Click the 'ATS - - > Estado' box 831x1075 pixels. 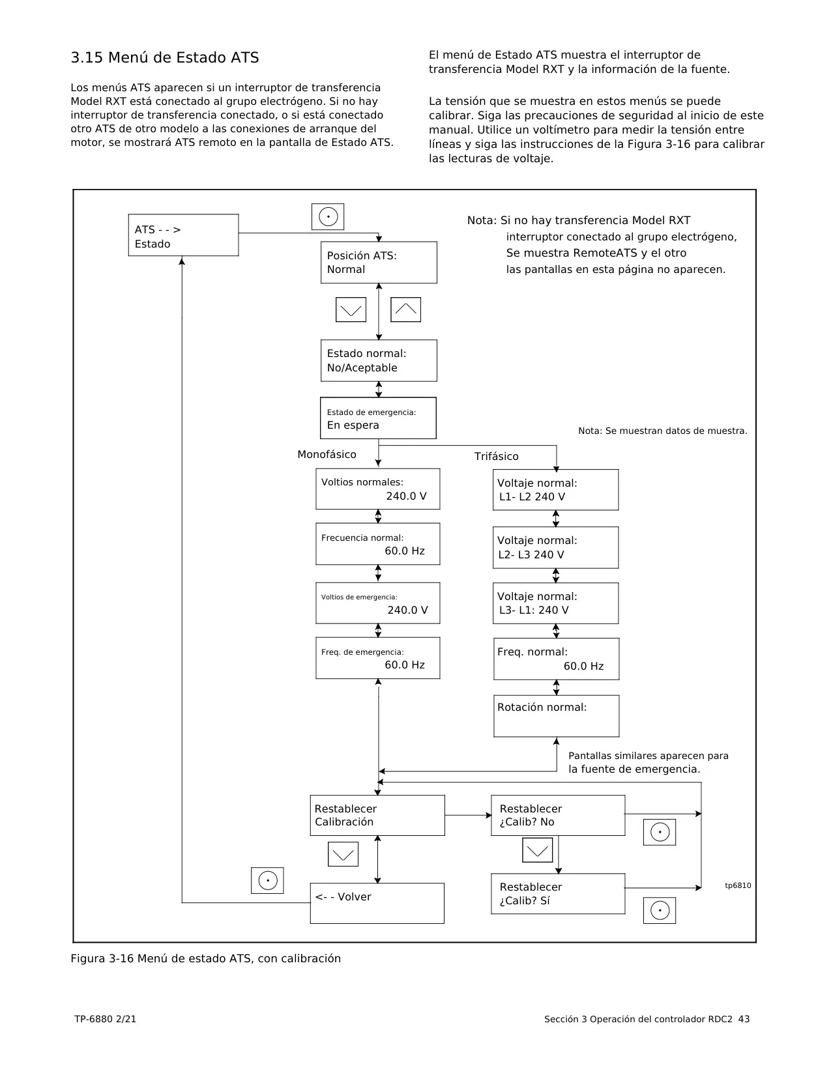coord(183,235)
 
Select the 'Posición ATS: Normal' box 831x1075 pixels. coord(379,262)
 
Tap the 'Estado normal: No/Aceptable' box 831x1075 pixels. coord(379,361)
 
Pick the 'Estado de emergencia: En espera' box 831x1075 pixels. coord(378,418)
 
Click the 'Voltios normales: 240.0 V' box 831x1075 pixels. coord(377,489)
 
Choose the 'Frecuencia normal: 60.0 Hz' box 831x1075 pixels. coord(377,543)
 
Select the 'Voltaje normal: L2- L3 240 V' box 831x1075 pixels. coord(555,548)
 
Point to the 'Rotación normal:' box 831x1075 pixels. coord(557,716)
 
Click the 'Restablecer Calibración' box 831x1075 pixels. coord(377,815)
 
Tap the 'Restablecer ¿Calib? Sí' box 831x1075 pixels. coord(558,893)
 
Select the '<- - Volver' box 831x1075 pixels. coord(377,903)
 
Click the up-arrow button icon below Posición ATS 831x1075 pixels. coord(406,309)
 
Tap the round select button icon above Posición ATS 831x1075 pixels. coord(328,217)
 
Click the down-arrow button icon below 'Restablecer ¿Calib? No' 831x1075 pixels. coord(538,850)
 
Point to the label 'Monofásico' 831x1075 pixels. coord(327,454)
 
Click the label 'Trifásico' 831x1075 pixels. coord(497,456)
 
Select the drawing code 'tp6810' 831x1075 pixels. coord(738,885)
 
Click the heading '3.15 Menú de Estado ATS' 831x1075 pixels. coord(165,57)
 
